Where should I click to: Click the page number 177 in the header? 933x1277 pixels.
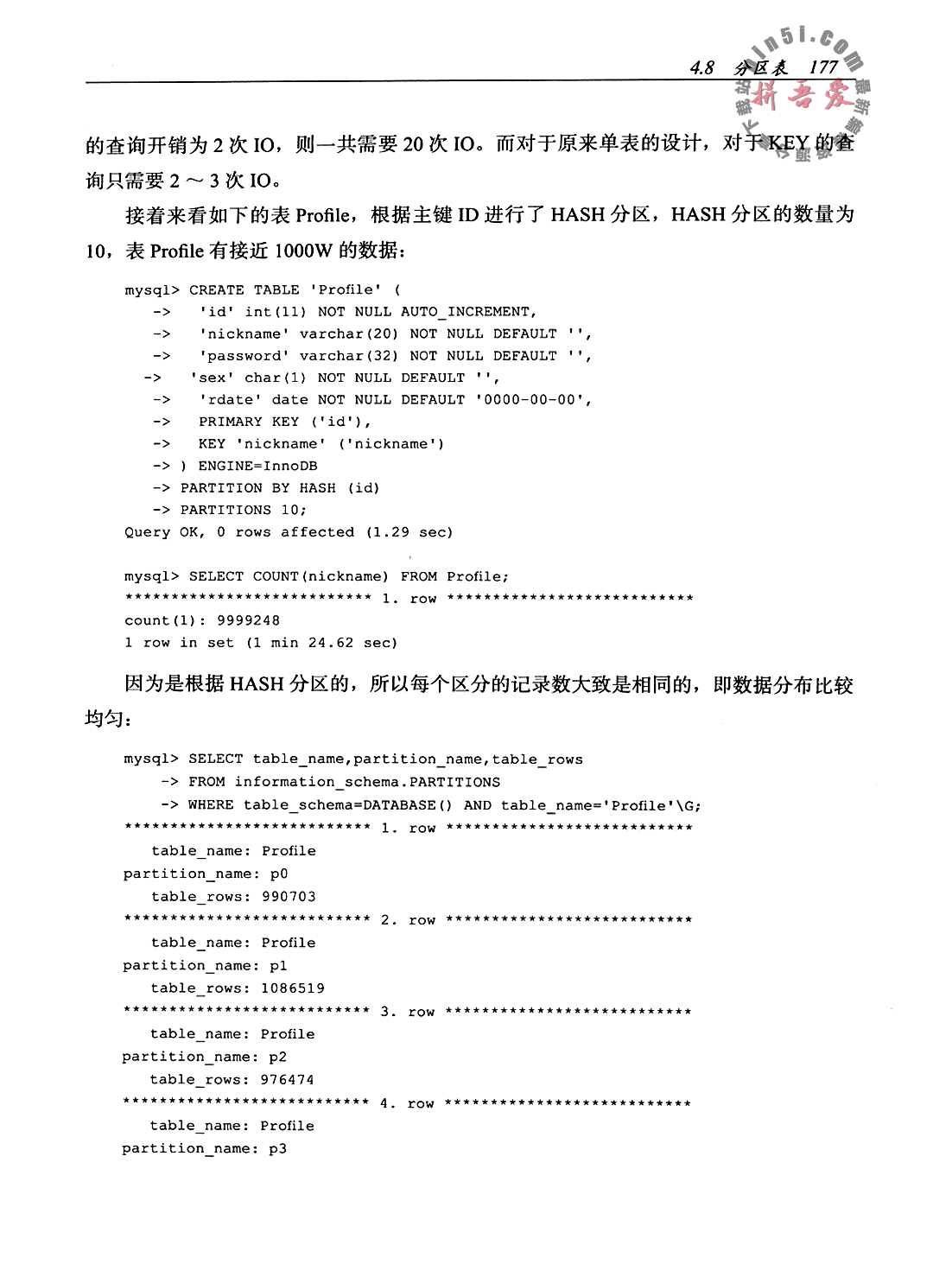[x=824, y=67]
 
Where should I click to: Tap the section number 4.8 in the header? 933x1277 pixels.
[x=702, y=67]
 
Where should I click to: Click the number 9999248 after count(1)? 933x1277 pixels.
[x=248, y=620]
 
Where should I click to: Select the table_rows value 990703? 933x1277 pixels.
[x=289, y=897]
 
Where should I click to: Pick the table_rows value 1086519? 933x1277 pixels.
[x=292, y=988]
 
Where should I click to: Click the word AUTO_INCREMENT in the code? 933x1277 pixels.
[x=468, y=312]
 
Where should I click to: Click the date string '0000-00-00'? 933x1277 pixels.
[x=532, y=400]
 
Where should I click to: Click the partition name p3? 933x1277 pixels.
[x=277, y=1148]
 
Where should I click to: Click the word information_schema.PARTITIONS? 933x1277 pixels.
[x=367, y=782]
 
